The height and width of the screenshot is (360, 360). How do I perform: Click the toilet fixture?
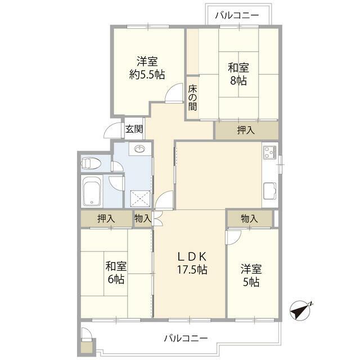pyautogui.click(x=91, y=163)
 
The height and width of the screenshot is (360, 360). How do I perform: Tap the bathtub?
pyautogui.click(x=92, y=191)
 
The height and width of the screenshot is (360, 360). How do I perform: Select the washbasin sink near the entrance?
pyautogui.click(x=140, y=150)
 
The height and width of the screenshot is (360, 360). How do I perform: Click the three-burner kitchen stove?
pyautogui.click(x=270, y=152)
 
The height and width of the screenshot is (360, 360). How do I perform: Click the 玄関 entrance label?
pyautogui.click(x=134, y=129)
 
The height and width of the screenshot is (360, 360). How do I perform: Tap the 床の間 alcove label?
pyautogui.click(x=192, y=98)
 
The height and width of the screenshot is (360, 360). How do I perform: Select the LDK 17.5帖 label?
pyautogui.click(x=192, y=263)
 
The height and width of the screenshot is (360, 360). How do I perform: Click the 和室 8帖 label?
pyautogui.click(x=238, y=74)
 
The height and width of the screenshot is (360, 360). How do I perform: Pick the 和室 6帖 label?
pyautogui.click(x=116, y=273)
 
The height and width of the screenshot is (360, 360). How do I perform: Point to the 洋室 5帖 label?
pyautogui.click(x=251, y=276)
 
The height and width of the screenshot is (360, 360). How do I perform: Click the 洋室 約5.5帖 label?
pyautogui.click(x=147, y=68)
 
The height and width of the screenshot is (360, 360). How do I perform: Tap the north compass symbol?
pyautogui.click(x=300, y=310)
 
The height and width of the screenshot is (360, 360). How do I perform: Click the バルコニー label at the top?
pyautogui.click(x=237, y=15)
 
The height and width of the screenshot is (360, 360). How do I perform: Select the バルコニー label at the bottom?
pyautogui.click(x=186, y=338)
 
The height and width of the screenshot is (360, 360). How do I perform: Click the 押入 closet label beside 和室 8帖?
pyautogui.click(x=246, y=130)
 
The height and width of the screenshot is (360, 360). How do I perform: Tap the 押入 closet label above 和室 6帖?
pyautogui.click(x=106, y=219)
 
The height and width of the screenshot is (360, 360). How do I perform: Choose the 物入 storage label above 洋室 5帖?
pyautogui.click(x=249, y=219)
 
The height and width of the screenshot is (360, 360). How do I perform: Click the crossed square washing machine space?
pyautogui.click(x=140, y=199)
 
